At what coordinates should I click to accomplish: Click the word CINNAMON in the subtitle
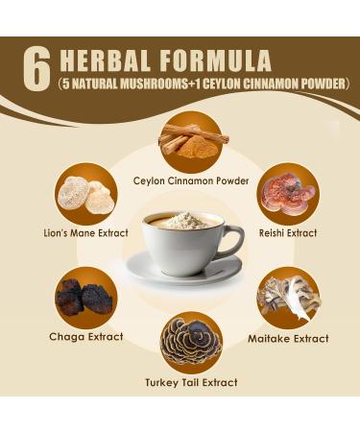tap(276, 84)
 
